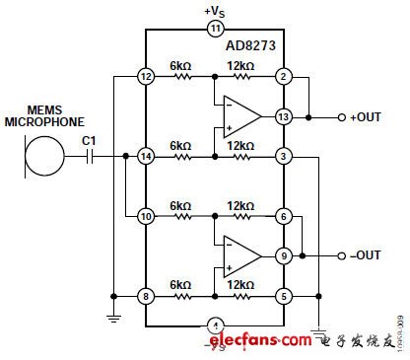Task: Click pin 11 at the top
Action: (215, 30)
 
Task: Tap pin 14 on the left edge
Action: (146, 156)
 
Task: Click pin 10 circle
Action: (146, 215)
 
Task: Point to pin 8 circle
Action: (146, 294)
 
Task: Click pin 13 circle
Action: (283, 116)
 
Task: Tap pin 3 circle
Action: (283, 156)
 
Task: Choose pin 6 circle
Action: (283, 215)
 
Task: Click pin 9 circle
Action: (283, 254)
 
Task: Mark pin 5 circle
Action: (283, 294)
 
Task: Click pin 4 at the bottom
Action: (215, 324)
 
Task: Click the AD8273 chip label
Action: (252, 45)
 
